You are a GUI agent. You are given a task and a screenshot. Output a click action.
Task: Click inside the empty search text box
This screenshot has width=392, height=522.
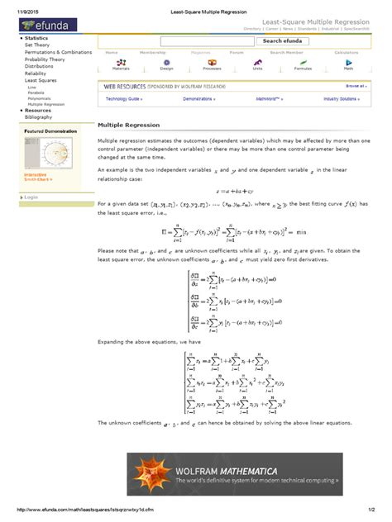208,40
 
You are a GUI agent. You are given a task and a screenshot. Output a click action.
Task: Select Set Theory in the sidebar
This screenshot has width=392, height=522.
38,45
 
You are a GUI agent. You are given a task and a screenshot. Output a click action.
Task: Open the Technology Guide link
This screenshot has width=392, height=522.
124,98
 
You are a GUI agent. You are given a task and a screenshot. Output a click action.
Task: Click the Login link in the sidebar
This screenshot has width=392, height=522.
32,197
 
